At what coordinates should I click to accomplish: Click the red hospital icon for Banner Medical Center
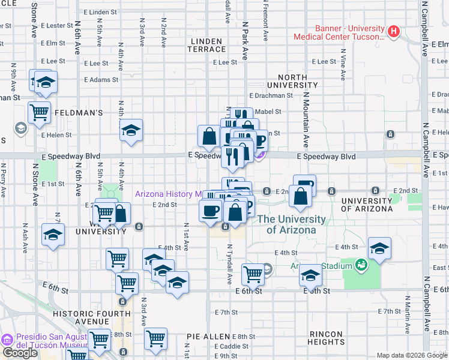394,31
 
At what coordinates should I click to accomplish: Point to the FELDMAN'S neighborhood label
80,112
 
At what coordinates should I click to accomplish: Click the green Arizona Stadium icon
361,264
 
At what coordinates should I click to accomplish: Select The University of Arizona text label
292,224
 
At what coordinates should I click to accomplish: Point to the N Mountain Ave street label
306,124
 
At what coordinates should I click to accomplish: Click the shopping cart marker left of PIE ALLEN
156,337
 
